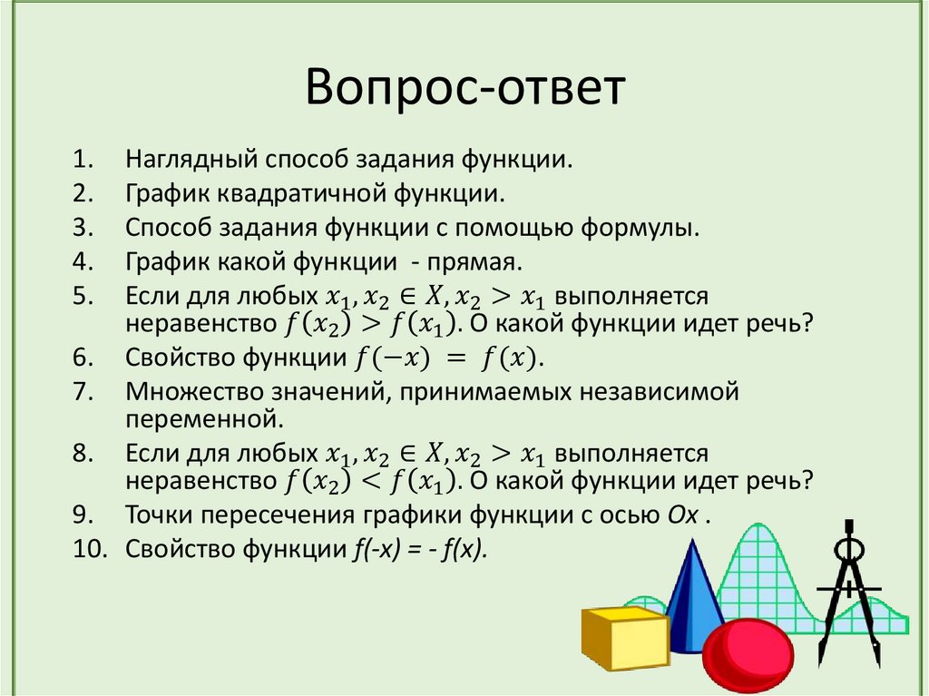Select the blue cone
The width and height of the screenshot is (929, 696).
click(695, 590)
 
